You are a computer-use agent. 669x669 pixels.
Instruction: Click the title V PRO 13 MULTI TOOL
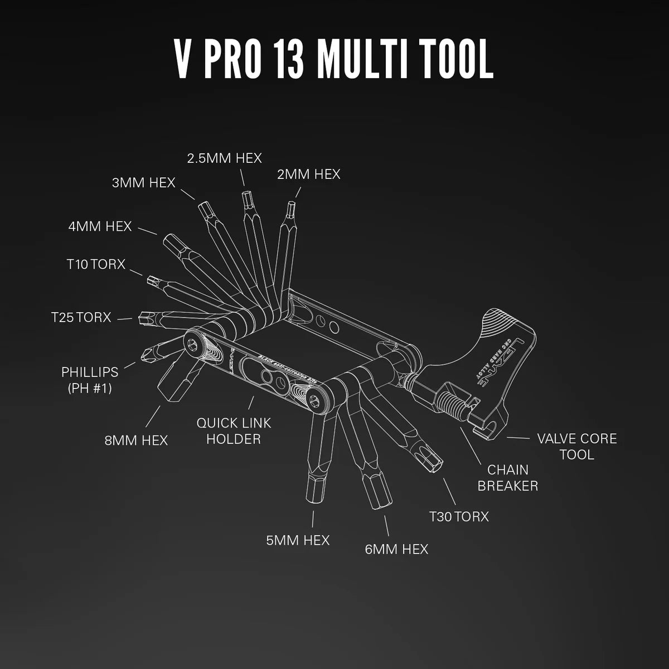click(x=334, y=59)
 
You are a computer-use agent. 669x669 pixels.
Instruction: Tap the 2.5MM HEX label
click(x=224, y=158)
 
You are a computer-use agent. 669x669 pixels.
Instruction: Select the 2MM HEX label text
click(x=308, y=174)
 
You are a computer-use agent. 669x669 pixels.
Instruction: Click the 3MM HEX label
click(x=143, y=182)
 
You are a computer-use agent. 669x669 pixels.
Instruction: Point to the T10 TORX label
click(x=96, y=264)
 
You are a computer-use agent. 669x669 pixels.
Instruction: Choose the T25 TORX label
click(x=81, y=317)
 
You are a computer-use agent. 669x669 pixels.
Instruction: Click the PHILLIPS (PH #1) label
click(x=90, y=380)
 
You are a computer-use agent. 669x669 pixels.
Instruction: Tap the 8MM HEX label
click(x=136, y=440)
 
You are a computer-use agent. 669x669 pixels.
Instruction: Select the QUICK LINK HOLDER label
click(x=234, y=431)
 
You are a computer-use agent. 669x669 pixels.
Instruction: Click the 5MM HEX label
click(x=298, y=540)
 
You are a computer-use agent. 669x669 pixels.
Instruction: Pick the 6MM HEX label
click(x=396, y=549)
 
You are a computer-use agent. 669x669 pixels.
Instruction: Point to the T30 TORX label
click(x=458, y=516)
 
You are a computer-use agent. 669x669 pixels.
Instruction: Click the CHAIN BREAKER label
click(x=507, y=478)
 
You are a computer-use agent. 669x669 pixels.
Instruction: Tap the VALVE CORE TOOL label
click(x=577, y=446)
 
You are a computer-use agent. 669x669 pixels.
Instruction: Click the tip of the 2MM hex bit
click(x=290, y=207)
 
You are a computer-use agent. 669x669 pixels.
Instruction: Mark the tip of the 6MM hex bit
click(x=380, y=500)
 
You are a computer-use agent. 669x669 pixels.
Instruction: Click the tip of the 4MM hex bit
click(x=169, y=241)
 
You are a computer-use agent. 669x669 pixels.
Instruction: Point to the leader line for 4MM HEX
click(x=147, y=231)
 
